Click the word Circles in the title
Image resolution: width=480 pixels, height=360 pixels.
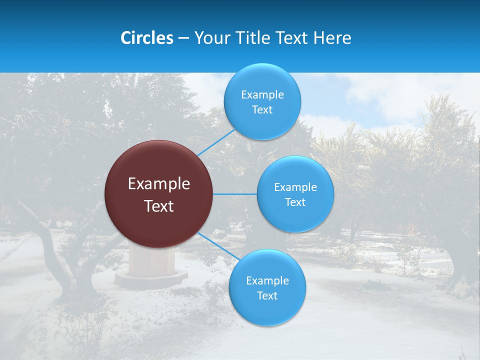[x=146, y=38]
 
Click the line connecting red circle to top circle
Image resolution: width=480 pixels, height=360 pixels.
[x=216, y=142]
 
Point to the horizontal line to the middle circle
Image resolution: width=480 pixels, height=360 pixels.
[x=235, y=194]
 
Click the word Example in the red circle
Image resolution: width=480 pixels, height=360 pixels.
[x=159, y=184]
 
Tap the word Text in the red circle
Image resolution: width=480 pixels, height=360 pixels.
[x=159, y=206]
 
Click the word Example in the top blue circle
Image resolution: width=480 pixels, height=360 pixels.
[x=262, y=95]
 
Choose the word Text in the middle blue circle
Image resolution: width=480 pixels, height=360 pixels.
[x=295, y=202]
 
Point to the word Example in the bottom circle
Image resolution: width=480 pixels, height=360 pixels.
[x=267, y=281]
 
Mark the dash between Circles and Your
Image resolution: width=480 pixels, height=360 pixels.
[x=183, y=38]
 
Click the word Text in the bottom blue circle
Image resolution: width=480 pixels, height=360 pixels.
[x=267, y=296]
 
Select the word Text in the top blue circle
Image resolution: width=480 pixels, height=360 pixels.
[x=262, y=110]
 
